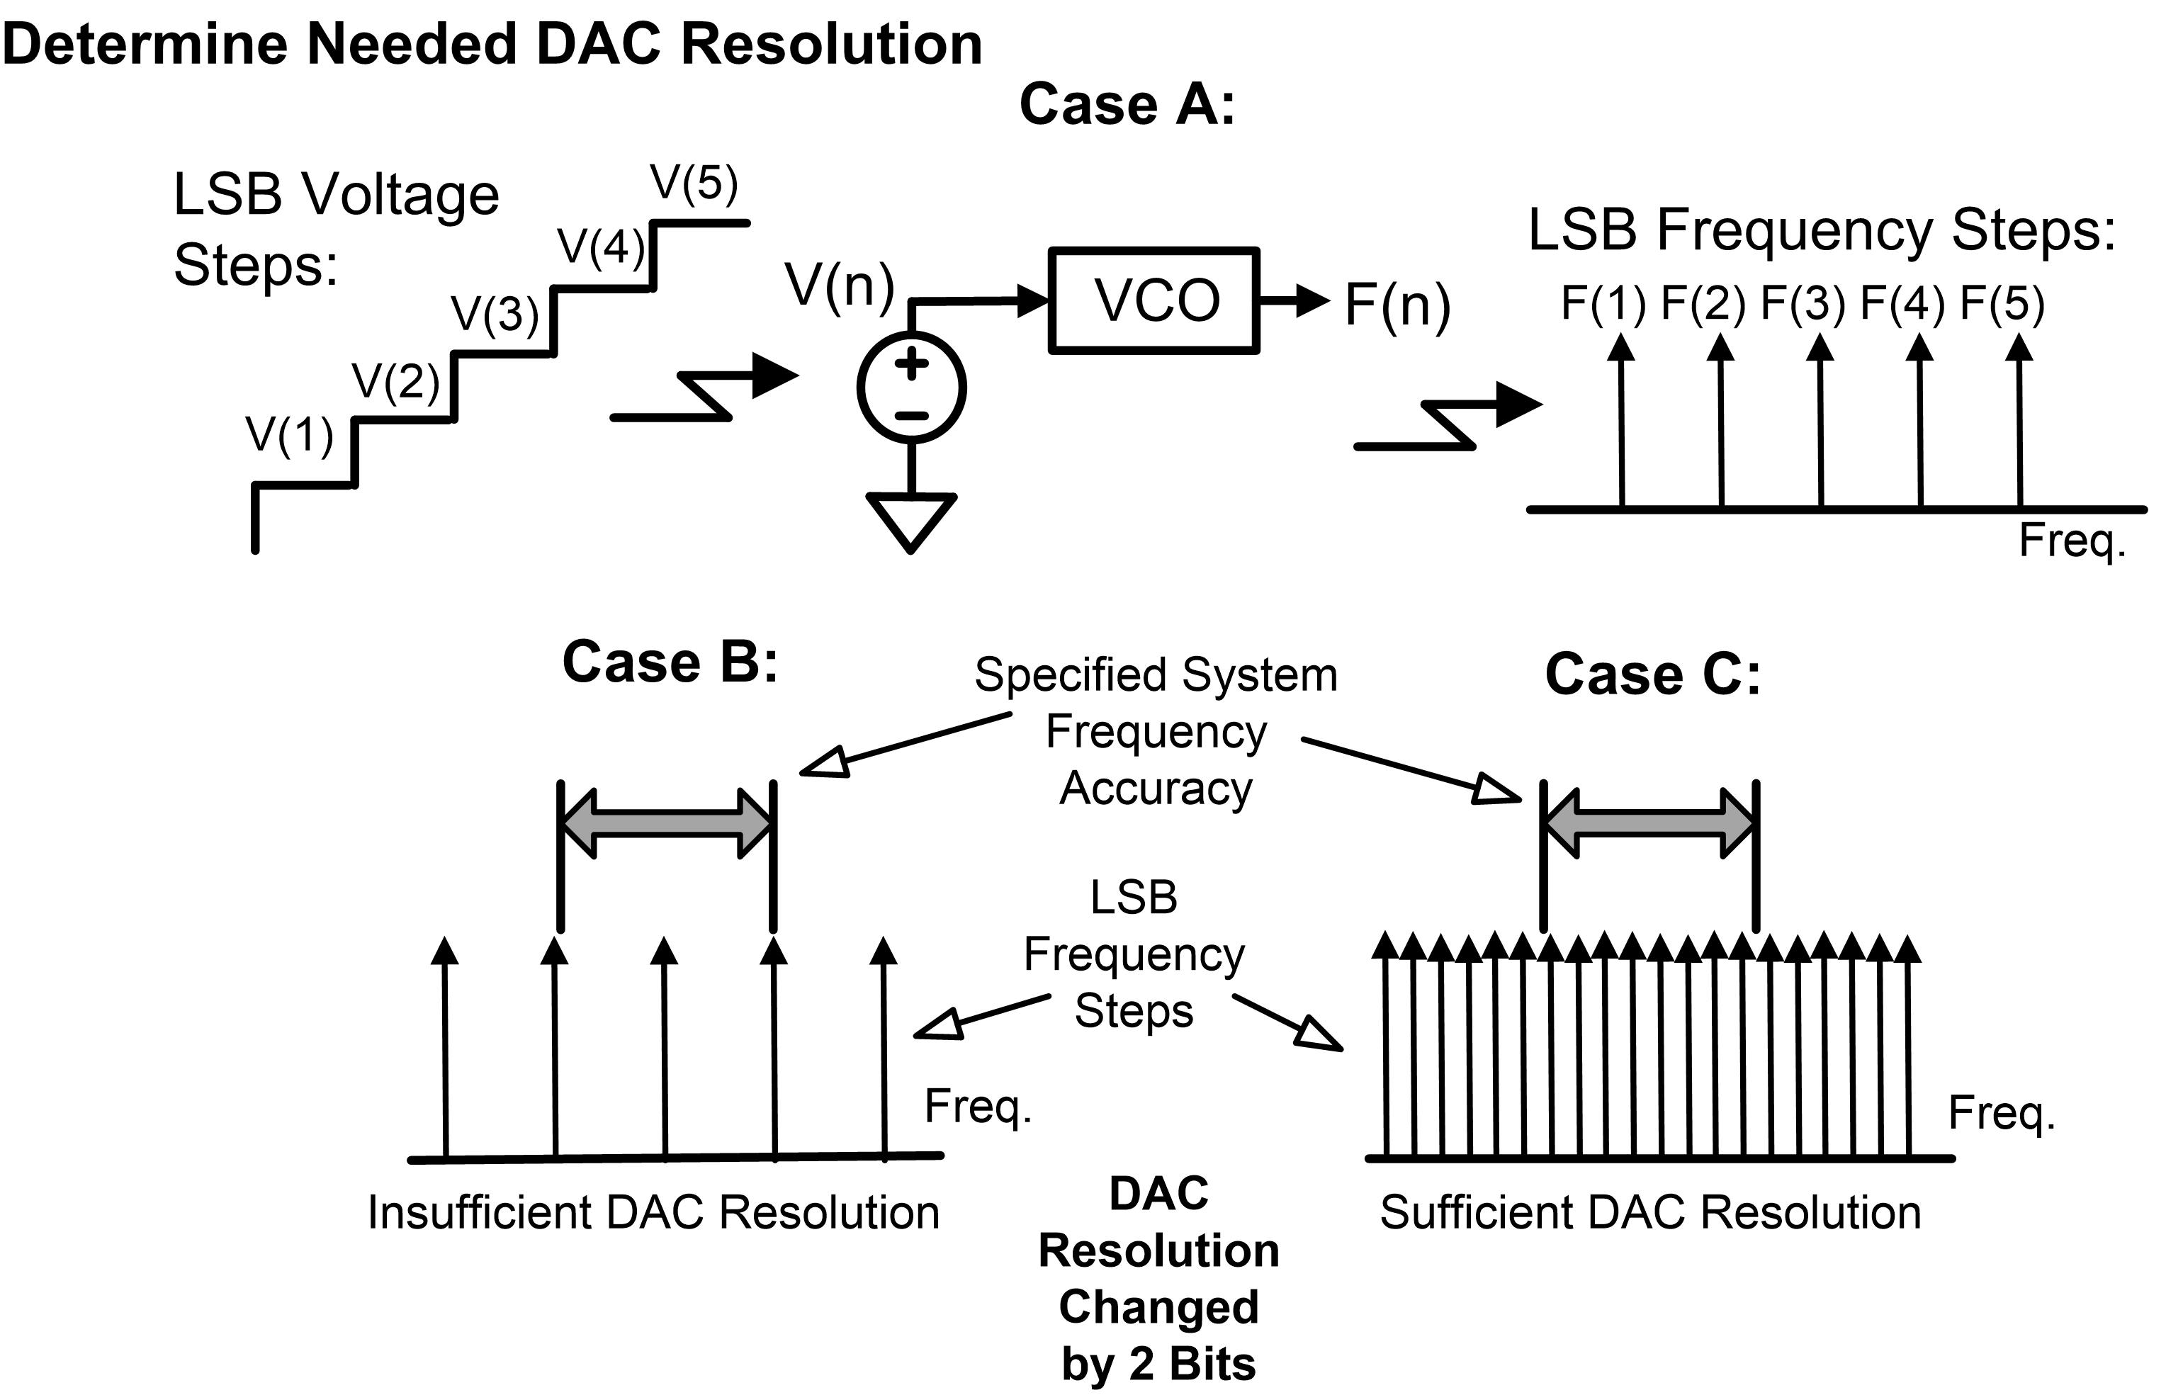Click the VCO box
[x=1153, y=300]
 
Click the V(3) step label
[x=495, y=315]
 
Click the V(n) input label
[x=840, y=285]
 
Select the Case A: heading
[x=1127, y=104]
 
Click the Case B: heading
[x=670, y=662]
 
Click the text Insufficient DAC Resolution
[x=653, y=1213]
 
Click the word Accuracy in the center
[x=1156, y=788]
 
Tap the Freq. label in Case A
[x=2072, y=541]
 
